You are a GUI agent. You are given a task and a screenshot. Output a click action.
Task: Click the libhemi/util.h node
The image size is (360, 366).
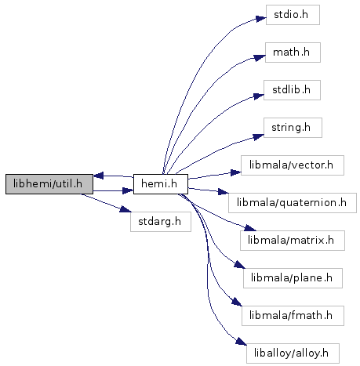(49, 184)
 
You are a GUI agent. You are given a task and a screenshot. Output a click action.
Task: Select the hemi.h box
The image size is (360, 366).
(161, 184)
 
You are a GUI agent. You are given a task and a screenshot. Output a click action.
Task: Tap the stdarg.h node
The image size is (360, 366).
(161, 222)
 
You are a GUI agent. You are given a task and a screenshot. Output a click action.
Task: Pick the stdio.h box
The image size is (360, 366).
(293, 15)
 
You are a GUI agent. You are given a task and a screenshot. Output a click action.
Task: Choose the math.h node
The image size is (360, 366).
(293, 53)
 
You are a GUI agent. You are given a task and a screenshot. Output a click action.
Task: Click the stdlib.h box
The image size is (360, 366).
(292, 90)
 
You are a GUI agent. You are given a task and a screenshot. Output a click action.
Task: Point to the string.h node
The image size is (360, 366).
(293, 128)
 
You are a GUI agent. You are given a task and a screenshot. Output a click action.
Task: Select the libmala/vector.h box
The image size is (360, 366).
(292, 165)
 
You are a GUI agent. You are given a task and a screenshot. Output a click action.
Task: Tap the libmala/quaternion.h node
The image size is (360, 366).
(292, 203)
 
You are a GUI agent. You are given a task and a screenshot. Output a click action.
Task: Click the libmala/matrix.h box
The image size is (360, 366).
(293, 241)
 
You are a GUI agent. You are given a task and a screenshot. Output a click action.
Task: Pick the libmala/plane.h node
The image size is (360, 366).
(293, 278)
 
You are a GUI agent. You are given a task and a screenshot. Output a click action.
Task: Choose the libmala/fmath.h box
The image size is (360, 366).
(293, 316)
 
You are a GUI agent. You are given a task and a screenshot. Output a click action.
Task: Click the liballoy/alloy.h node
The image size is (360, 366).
(293, 353)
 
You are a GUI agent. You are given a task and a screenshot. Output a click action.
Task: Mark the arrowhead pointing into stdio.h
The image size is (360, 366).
(260, 19)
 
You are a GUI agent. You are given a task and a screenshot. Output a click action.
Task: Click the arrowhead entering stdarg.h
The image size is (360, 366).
(125, 209)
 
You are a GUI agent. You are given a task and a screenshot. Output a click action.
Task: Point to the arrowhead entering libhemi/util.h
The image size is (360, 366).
(99, 176)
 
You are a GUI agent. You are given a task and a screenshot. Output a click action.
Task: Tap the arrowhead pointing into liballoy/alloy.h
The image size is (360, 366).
(242, 341)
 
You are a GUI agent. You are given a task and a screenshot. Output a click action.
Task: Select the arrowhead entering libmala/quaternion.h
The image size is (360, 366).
(224, 192)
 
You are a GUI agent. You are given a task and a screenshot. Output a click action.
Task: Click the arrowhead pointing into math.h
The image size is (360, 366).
(260, 57)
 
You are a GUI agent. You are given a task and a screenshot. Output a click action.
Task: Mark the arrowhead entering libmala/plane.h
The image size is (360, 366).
(240, 265)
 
